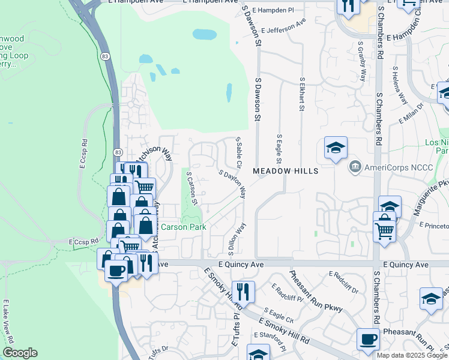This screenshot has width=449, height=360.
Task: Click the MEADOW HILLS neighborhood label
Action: pos(285,171)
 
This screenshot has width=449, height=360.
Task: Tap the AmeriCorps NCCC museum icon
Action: pos(355,166)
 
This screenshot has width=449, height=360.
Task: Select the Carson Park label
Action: pos(183,227)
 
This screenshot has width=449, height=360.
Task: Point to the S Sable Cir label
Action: pos(239,152)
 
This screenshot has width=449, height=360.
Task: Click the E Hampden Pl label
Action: pos(273,11)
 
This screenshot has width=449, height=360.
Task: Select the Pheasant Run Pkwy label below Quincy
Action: pos(316,292)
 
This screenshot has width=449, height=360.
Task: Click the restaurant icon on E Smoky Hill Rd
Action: pos(243,292)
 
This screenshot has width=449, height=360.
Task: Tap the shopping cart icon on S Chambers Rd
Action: pos(384,230)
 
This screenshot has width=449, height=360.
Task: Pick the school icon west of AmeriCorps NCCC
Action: pos(336,148)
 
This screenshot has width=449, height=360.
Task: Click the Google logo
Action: pos(19,353)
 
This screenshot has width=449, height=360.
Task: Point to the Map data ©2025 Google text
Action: pos(412,355)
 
